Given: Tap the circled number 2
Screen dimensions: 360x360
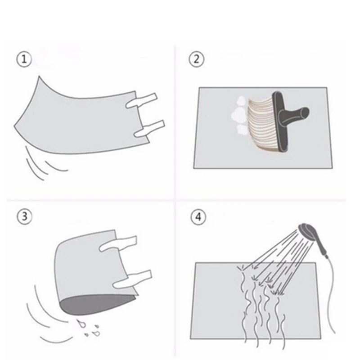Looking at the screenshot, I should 198,59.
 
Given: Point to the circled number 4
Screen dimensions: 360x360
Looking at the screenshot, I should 198,216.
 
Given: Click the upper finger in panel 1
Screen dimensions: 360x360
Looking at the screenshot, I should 141,101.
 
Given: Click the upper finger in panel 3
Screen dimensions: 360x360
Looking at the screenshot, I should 118,243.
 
